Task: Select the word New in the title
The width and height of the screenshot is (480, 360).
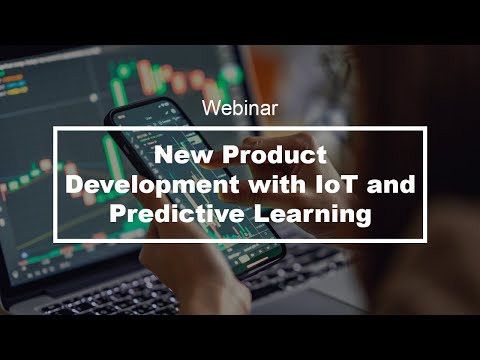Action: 181,156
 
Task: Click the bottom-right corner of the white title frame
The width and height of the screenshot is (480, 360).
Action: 425,240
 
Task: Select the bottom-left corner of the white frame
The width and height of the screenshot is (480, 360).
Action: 56,240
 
